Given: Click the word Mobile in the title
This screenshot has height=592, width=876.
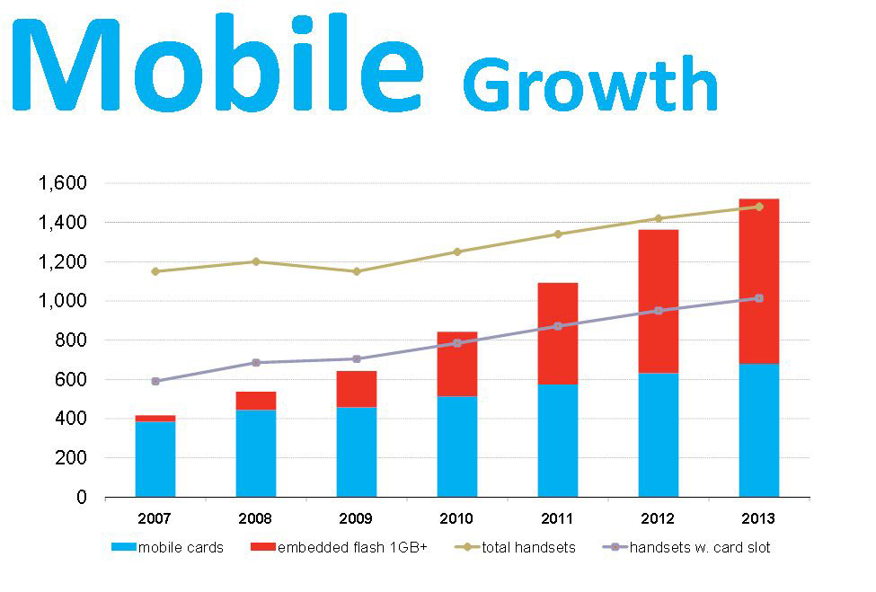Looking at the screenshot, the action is point(218,63).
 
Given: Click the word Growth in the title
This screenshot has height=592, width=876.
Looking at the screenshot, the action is point(590,84).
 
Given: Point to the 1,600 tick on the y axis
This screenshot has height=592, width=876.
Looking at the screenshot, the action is point(63,182).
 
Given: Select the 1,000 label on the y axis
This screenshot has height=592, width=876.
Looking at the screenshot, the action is point(63,300).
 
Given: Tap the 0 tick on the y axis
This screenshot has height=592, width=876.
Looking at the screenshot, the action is point(82,497).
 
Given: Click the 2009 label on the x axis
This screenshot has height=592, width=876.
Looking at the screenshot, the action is point(356,518).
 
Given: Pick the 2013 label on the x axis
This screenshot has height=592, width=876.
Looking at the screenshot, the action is point(758,518).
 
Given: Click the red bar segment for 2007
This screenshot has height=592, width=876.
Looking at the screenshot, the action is point(155,419).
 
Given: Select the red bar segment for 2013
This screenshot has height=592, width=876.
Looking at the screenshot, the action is point(758,281).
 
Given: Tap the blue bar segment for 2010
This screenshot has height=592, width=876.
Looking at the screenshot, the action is point(457,446).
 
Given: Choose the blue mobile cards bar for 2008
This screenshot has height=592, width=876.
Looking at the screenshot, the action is point(256,454).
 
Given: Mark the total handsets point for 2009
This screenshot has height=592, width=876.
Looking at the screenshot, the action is point(357,271).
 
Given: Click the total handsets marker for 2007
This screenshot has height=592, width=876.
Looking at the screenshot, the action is point(155,271).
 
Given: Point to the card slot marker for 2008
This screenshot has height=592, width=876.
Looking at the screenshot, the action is point(256,362).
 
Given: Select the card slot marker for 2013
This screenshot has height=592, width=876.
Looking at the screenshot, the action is point(758,298).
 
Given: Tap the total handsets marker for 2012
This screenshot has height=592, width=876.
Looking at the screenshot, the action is point(658,218).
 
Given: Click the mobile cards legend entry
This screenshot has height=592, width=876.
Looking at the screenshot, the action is point(167,547).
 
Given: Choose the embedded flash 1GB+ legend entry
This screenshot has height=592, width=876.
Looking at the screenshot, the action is point(339,547).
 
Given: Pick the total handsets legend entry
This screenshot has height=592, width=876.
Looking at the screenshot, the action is point(515,547).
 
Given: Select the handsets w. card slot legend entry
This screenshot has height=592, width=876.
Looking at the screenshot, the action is point(686,547).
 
